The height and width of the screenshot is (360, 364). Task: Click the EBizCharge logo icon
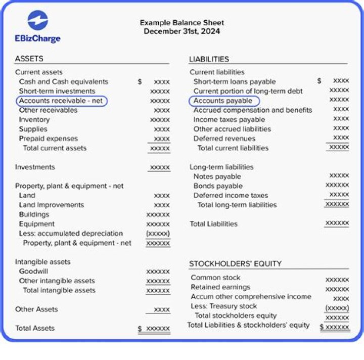click(38, 21)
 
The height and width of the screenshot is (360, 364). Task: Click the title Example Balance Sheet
click(181, 23)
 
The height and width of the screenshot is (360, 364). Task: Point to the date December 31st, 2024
click(181, 31)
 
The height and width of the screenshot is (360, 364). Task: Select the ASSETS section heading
click(29, 59)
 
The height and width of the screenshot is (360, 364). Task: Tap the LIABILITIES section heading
click(209, 59)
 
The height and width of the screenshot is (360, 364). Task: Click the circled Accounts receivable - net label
click(61, 101)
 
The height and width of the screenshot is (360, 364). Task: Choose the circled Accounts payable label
click(223, 101)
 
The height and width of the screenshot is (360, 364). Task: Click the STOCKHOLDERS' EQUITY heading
click(235, 263)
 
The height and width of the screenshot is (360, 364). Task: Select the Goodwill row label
click(33, 272)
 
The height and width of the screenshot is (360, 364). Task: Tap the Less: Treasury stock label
click(224, 306)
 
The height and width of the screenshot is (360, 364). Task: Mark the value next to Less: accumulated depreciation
click(158, 234)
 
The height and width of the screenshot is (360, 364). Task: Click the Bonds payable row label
click(218, 186)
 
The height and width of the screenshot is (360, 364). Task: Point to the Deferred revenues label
click(225, 139)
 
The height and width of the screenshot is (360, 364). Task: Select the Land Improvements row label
click(52, 205)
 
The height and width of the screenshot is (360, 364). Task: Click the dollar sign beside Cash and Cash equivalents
click(140, 81)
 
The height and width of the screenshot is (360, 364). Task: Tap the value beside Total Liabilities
click(337, 223)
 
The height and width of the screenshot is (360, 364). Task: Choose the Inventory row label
click(34, 120)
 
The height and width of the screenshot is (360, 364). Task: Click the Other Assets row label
click(36, 309)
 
